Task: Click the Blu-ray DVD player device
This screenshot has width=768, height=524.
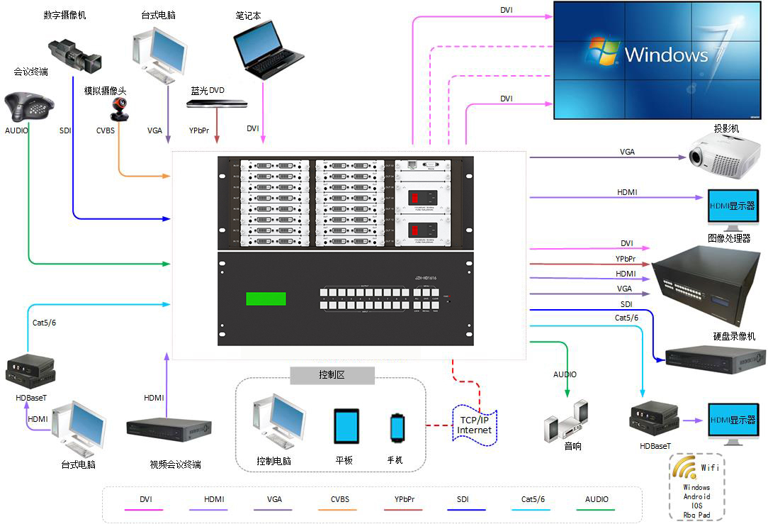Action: click(x=217, y=104)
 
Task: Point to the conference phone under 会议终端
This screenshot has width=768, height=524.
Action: click(x=29, y=107)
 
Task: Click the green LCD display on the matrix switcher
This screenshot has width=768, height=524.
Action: click(x=266, y=299)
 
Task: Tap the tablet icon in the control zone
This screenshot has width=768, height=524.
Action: click(x=346, y=426)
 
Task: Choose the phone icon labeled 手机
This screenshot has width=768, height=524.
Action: click(x=397, y=428)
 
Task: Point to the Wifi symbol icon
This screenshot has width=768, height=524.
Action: click(x=685, y=467)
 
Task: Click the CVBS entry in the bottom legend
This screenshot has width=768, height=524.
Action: click(x=339, y=499)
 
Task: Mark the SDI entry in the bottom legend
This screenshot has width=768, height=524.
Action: click(x=463, y=499)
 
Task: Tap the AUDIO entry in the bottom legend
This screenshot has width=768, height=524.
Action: click(x=597, y=499)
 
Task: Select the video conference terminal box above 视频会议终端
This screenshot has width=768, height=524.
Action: click(x=169, y=429)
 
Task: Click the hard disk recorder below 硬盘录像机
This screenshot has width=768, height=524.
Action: click(x=716, y=359)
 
